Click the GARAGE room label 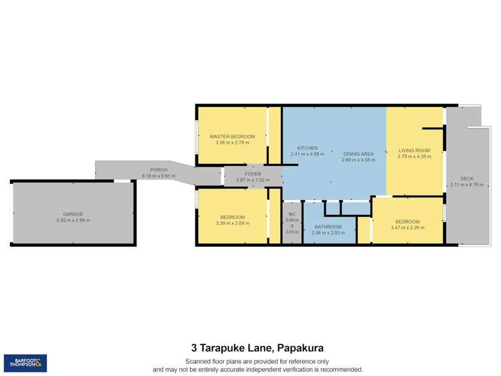point(74,213)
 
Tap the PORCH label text point(159,170)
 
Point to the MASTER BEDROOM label point(232,136)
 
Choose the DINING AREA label point(357,154)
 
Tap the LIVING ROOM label point(414,151)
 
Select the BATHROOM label point(328,227)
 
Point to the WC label point(292,214)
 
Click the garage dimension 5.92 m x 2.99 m point(74,220)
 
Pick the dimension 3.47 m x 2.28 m point(407,228)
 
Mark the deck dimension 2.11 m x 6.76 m point(467,185)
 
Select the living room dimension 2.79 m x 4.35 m point(414,157)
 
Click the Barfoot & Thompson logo point(25,363)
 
